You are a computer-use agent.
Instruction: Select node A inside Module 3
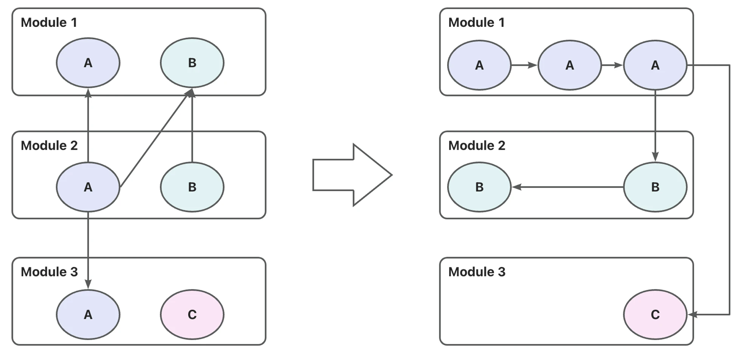point(88,314)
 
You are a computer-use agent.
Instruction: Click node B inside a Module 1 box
point(192,63)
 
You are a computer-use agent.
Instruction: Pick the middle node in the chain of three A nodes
point(569,65)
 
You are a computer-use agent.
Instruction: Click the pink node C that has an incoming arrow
point(655,314)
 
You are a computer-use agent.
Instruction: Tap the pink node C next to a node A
point(192,314)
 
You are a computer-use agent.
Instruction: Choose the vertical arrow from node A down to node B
point(655,126)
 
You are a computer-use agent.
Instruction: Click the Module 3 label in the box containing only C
point(477,272)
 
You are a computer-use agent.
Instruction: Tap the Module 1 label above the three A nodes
point(476,22)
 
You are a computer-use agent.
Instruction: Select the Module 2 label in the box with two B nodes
point(477,145)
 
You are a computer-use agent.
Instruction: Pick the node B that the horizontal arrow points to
point(479,187)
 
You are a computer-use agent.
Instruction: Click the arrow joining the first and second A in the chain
point(524,65)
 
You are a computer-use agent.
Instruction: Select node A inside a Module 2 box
point(88,187)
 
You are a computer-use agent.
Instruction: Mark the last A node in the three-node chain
point(655,65)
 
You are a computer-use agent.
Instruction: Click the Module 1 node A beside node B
point(88,63)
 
